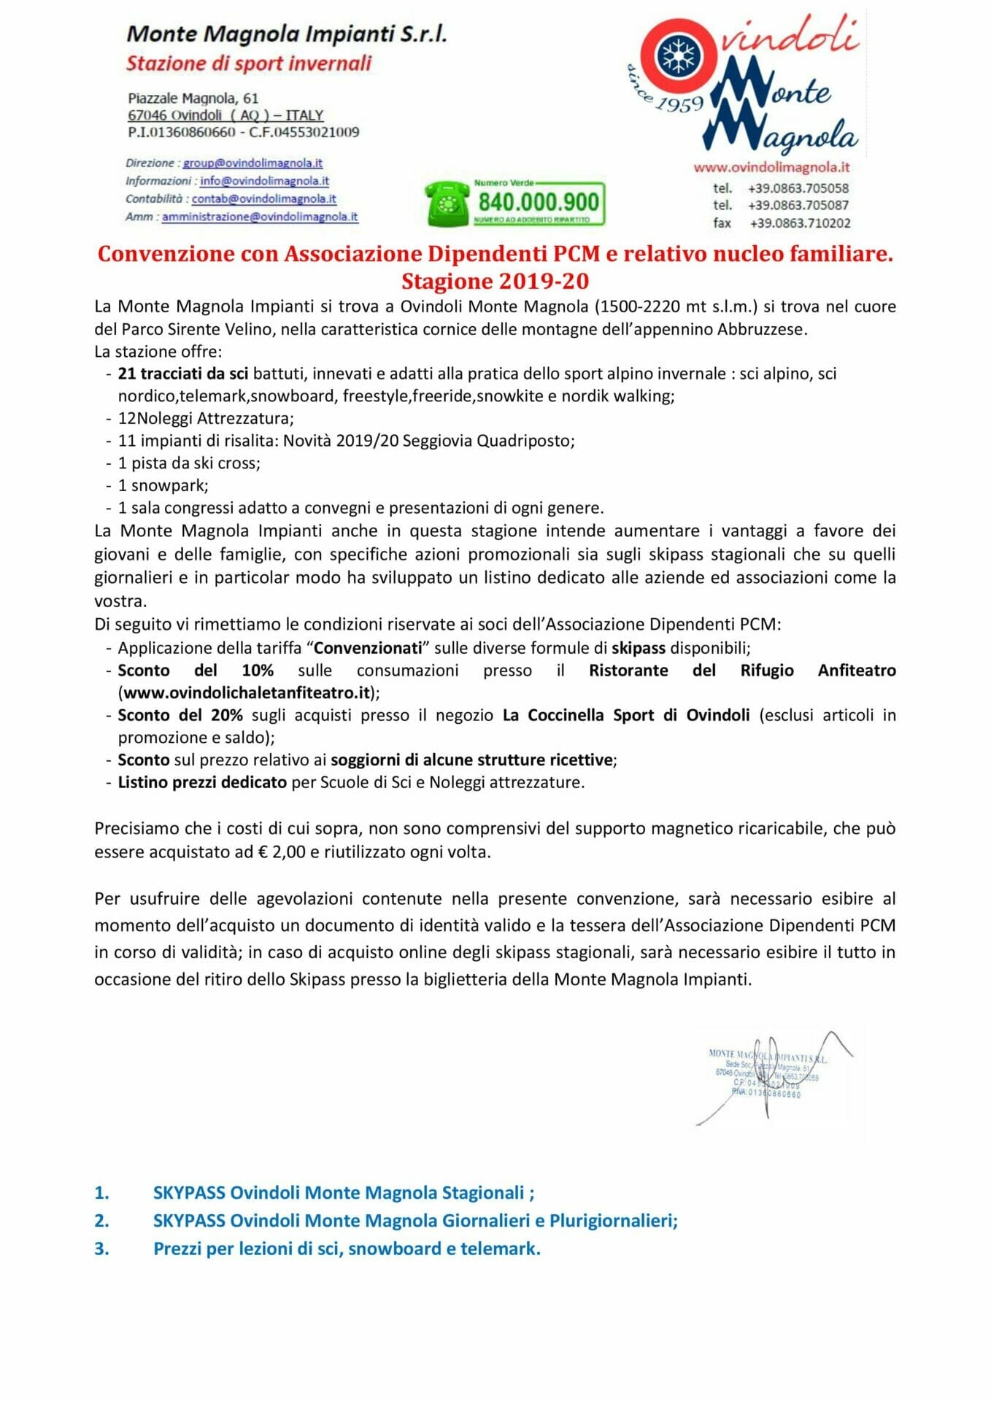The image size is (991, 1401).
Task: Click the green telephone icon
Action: click(x=447, y=204)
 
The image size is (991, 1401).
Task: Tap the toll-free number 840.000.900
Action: click(x=539, y=201)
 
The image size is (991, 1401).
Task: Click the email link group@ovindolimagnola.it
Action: click(x=252, y=163)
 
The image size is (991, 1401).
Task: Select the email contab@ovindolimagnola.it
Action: click(x=263, y=198)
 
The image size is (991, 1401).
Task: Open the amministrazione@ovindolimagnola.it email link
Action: click(x=260, y=217)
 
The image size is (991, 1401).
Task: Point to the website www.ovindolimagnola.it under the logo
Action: click(x=771, y=167)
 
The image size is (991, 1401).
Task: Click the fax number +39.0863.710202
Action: click(x=800, y=223)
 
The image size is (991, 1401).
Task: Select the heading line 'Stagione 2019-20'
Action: click(x=495, y=281)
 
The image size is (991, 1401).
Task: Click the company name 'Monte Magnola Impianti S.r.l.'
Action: click(x=286, y=34)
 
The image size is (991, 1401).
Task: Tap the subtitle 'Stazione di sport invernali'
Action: click(x=249, y=63)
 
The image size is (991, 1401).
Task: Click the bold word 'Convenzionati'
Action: click(x=368, y=648)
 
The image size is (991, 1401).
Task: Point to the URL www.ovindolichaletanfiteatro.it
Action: click(x=247, y=692)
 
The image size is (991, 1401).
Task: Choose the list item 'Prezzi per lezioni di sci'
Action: click(x=346, y=1248)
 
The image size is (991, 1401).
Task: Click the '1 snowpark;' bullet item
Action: click(x=163, y=485)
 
